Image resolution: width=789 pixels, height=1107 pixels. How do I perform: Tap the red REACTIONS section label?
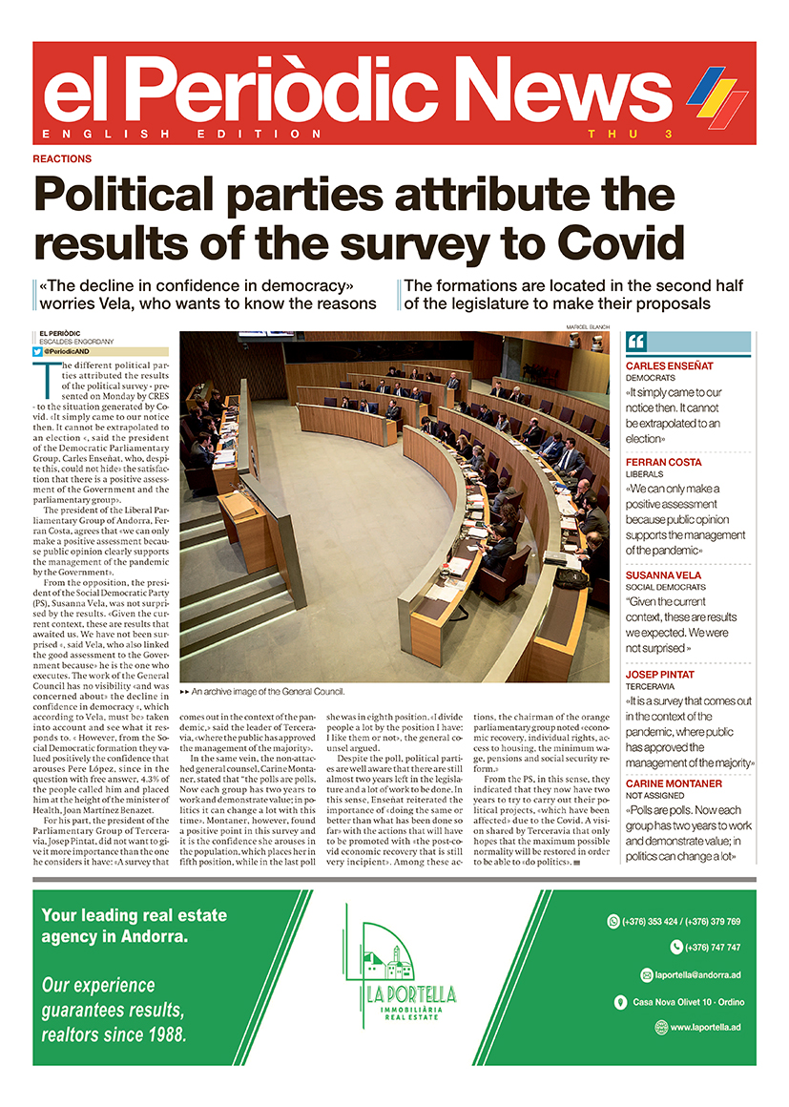62,158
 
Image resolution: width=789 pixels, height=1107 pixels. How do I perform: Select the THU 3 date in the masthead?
631,134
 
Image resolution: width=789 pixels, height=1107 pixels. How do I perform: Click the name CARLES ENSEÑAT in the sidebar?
670,366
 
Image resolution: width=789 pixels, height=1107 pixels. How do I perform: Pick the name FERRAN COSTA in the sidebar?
663,462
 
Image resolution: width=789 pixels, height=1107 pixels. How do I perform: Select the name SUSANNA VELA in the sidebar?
664,576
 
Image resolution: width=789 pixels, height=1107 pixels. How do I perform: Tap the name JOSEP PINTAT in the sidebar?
660,674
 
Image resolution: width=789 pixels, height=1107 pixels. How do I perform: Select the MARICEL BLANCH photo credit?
586,327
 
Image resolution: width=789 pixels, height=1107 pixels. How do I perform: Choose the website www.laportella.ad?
704,1027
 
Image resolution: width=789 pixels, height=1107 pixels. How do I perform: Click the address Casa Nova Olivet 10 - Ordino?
688,1001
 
